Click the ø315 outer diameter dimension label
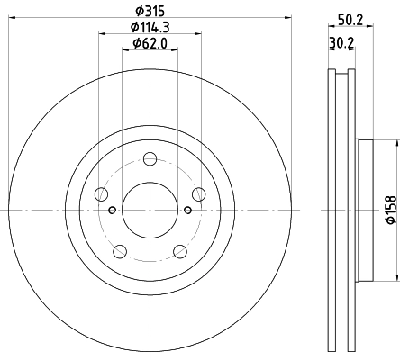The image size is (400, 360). pos(149,10)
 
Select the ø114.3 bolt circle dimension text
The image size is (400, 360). pos(149,27)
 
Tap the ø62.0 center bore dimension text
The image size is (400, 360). pos(149,43)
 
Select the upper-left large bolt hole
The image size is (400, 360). pos(101,194)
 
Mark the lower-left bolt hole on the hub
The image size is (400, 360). pos(119,251)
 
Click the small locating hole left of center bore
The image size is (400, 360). pos(112,211)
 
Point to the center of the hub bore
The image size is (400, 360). pos(149,211)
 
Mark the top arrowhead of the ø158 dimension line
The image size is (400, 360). pos(395,142)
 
